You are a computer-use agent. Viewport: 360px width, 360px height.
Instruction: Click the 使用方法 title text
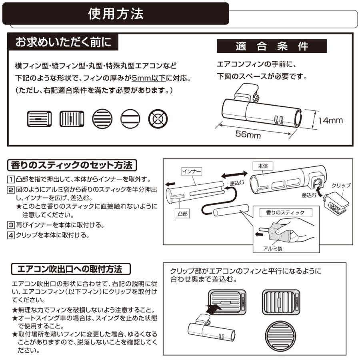pyautogui.click(x=116, y=14)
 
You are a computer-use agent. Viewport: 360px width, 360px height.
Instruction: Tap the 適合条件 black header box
pyautogui.click(x=272, y=46)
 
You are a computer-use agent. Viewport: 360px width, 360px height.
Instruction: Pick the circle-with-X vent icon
pyautogui.click(x=158, y=119)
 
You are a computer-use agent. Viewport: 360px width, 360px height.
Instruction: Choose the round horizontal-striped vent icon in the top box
pyautogui.click(x=102, y=119)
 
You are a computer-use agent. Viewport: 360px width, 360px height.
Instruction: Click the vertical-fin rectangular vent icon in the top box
pyautogui.click(x=72, y=119)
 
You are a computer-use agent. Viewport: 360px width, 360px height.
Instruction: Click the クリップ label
pyautogui.click(x=341, y=186)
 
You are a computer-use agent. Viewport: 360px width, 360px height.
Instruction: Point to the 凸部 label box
pyautogui.click(x=182, y=214)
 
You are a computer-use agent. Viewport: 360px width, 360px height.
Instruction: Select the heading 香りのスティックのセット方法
pyautogui.click(x=72, y=165)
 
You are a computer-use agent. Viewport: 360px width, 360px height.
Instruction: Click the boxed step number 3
pyautogui.click(x=11, y=224)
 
